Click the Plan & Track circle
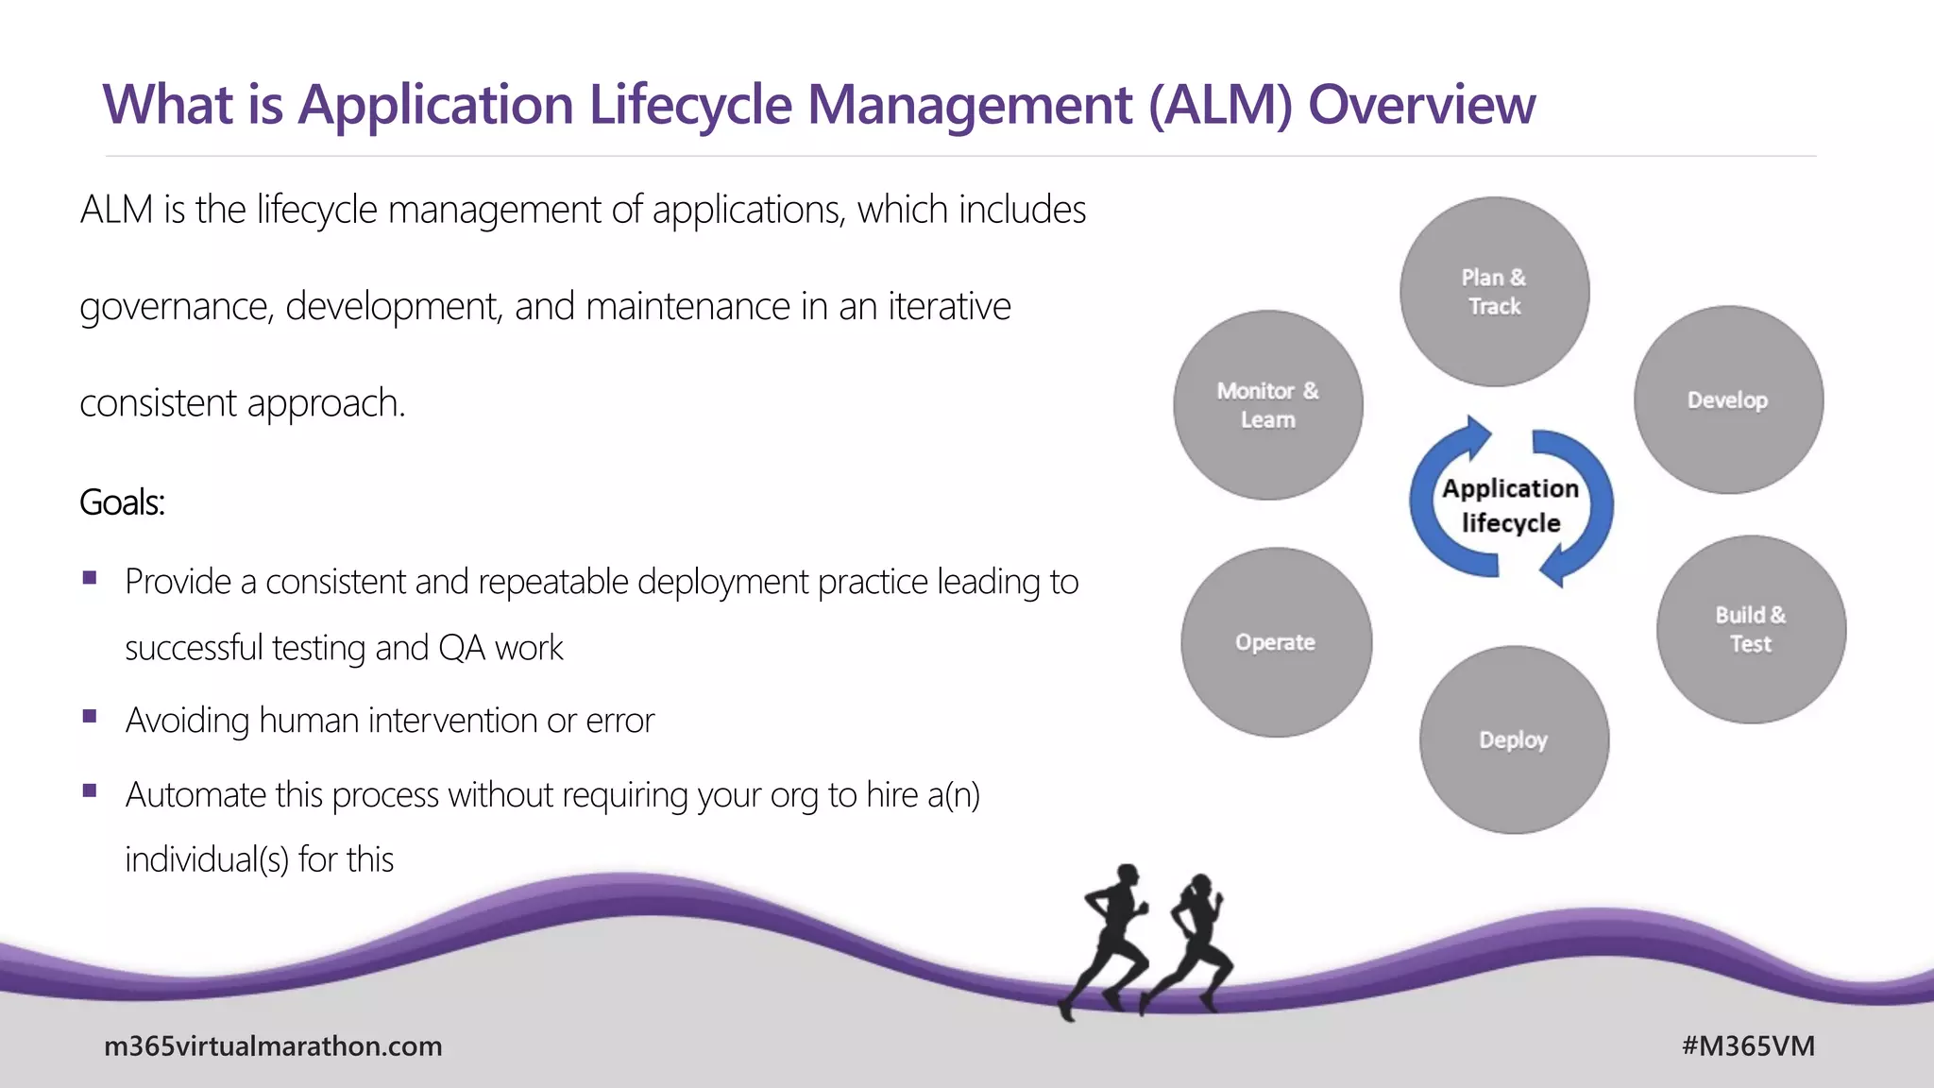[1494, 291]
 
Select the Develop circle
[1728, 399]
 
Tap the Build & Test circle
[1751, 629]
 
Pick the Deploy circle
[1514, 739]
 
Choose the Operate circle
[1276, 642]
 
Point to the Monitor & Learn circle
[1268, 405]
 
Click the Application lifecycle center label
[1511, 505]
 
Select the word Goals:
[122, 502]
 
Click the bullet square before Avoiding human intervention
[90, 716]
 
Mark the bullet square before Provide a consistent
[90, 577]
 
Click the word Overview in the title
[1421, 104]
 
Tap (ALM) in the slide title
[1219, 104]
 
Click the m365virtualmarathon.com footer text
[273, 1045]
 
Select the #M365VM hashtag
[1748, 1045]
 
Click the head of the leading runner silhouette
[1127, 875]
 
